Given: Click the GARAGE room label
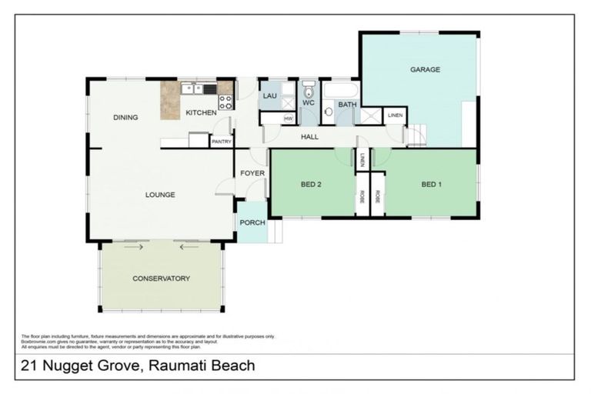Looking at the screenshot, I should pos(425,69).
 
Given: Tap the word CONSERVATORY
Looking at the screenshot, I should pos(161,279).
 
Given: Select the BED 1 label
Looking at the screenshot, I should pos(432,185).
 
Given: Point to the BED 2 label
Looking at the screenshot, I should pos(310,185).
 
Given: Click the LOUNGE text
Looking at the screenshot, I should pos(160,195).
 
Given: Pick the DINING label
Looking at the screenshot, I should pos(125,118).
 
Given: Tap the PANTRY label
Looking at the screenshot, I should pos(221,142).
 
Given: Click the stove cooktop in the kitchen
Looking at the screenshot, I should pos(225,102).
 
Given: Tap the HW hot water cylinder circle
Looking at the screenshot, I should pos(289,119).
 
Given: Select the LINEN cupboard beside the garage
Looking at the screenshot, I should pos(395,115).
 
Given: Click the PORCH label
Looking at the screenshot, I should pos(252,222).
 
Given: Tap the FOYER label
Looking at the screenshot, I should pos(252,174).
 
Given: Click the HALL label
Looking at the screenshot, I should pos(310,137).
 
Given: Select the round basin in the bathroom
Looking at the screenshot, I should pos(329,112).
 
